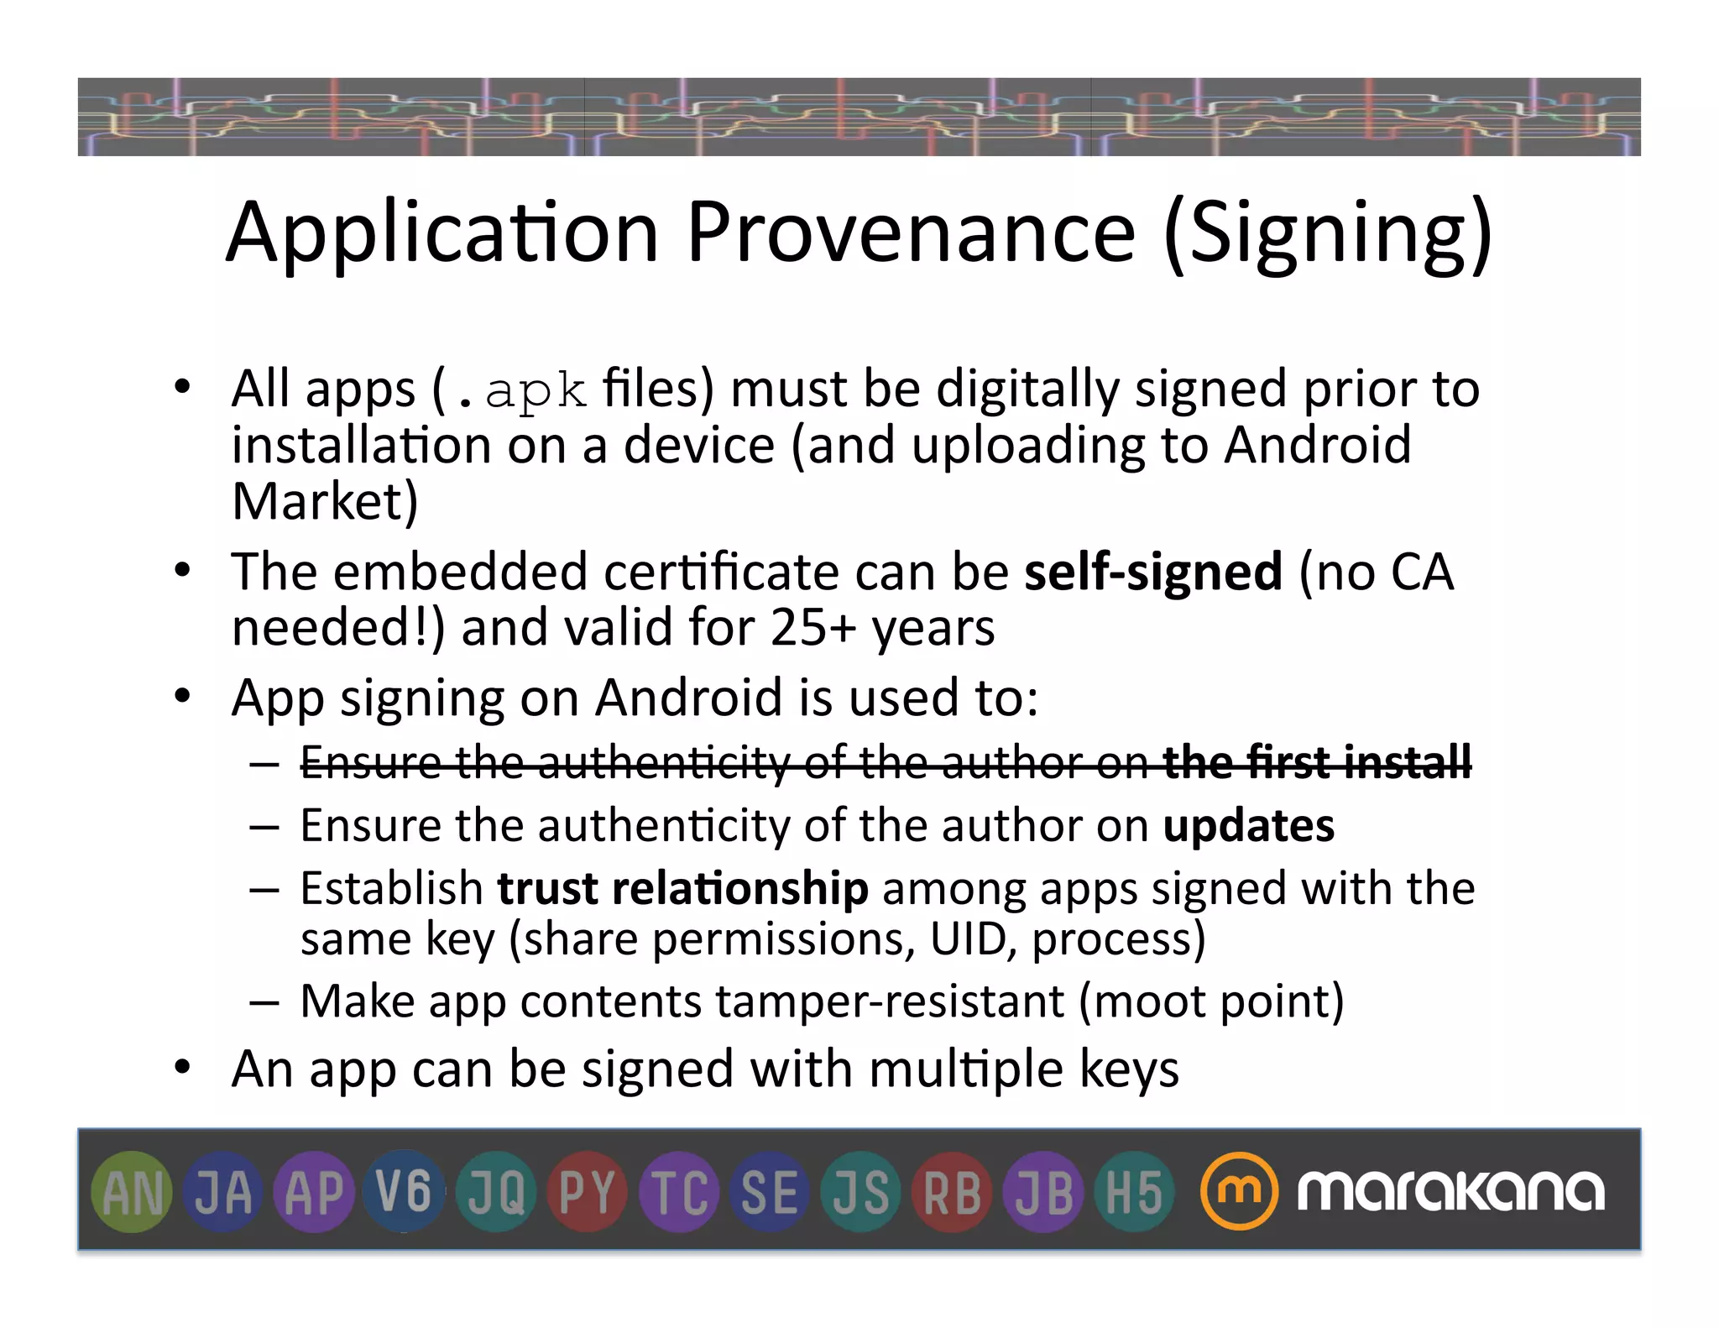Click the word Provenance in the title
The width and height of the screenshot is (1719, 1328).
point(911,233)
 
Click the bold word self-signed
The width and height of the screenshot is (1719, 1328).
point(1153,573)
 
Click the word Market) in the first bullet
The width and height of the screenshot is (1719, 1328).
point(325,501)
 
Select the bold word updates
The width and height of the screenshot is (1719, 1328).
point(1248,826)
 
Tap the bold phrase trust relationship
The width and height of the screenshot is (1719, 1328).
point(682,888)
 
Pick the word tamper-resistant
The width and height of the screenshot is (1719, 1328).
point(890,1001)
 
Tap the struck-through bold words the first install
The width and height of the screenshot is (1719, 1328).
point(1316,762)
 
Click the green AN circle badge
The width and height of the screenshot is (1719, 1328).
point(131,1192)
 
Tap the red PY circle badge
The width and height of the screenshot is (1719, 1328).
point(587,1192)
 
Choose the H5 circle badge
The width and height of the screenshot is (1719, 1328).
point(1134,1192)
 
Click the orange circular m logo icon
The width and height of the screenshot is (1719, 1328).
point(1239,1191)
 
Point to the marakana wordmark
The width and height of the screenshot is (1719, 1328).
point(1450,1191)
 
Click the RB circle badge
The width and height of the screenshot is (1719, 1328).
point(952,1192)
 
